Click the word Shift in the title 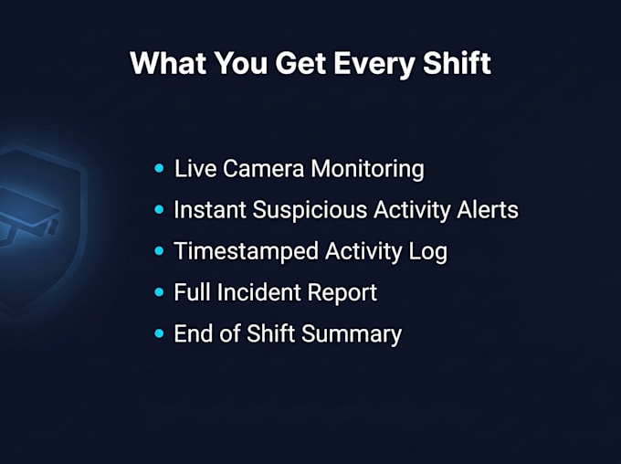(x=457, y=63)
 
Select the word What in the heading (x=168, y=63)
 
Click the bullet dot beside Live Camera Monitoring (x=159, y=168)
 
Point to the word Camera (x=263, y=168)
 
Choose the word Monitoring (x=367, y=171)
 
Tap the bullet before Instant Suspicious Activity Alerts (x=159, y=209)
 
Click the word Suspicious (x=310, y=210)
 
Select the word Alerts (x=487, y=209)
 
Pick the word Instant (x=210, y=209)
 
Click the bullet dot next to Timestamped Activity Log (x=159, y=251)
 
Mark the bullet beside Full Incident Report (x=159, y=292)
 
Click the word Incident (x=259, y=292)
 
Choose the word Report (x=342, y=293)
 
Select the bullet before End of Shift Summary (x=159, y=333)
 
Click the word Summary (x=352, y=335)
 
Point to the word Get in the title (x=300, y=63)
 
